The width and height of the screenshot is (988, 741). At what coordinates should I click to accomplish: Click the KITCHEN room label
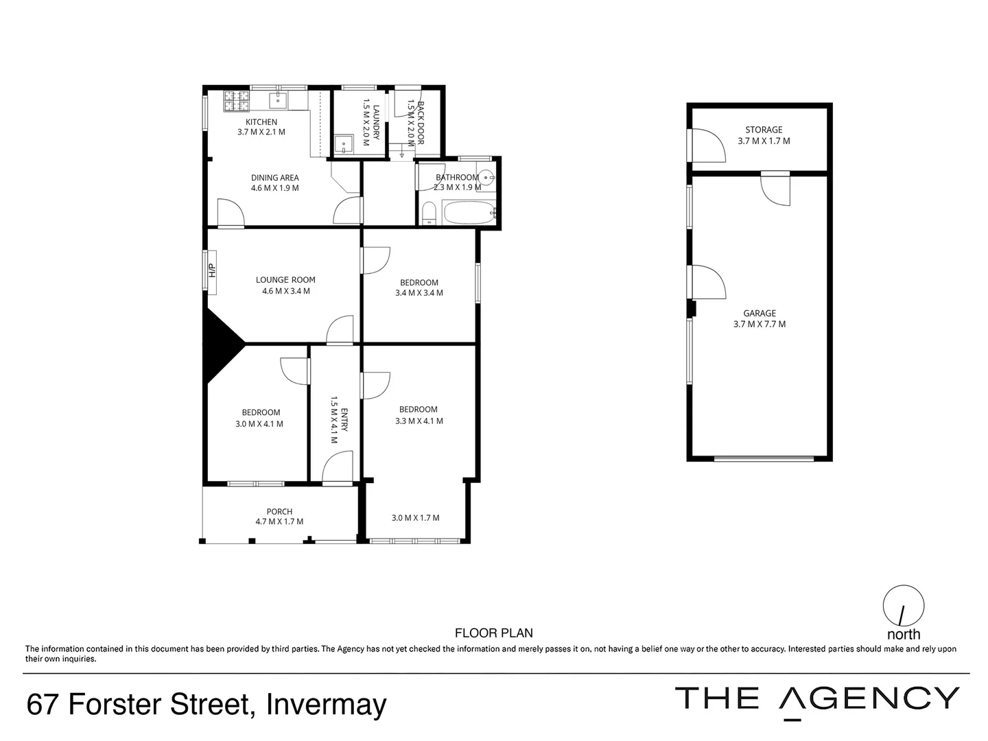(x=261, y=122)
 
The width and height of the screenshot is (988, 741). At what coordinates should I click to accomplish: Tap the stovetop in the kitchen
(x=237, y=102)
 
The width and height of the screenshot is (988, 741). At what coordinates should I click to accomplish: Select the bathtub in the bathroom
(x=469, y=213)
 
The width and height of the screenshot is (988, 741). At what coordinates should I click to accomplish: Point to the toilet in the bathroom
(x=428, y=213)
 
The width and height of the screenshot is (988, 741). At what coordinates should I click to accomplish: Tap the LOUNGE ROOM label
(x=285, y=280)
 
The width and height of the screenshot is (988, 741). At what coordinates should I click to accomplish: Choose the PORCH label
(x=279, y=511)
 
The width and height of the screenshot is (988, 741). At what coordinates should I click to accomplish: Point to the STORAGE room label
(x=764, y=130)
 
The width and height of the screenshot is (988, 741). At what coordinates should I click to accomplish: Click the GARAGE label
(x=760, y=314)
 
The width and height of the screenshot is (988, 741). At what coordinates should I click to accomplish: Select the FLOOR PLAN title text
(x=494, y=633)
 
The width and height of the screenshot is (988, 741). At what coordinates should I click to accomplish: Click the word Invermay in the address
(x=326, y=705)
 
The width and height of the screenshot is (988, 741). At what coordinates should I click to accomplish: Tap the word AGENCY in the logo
(x=870, y=698)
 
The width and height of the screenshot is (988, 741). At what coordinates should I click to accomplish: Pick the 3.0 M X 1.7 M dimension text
(x=416, y=518)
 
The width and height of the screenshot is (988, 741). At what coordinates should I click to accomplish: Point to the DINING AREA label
(x=275, y=178)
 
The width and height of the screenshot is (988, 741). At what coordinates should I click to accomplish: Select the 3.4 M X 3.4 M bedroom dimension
(x=419, y=293)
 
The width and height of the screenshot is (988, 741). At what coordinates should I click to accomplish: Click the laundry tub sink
(x=343, y=144)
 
